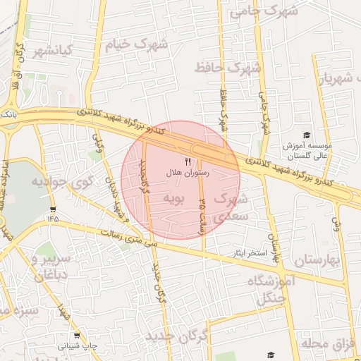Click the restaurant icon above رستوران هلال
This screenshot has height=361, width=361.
188,161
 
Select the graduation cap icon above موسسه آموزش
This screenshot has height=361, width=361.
306,135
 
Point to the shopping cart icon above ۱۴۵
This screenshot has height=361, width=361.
53,209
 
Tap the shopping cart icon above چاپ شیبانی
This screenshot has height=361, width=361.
77,336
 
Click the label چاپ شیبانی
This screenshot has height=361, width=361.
75,347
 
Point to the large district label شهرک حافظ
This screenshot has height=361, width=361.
228,68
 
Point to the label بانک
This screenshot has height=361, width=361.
8,112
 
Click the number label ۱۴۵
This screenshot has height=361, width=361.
52,219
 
